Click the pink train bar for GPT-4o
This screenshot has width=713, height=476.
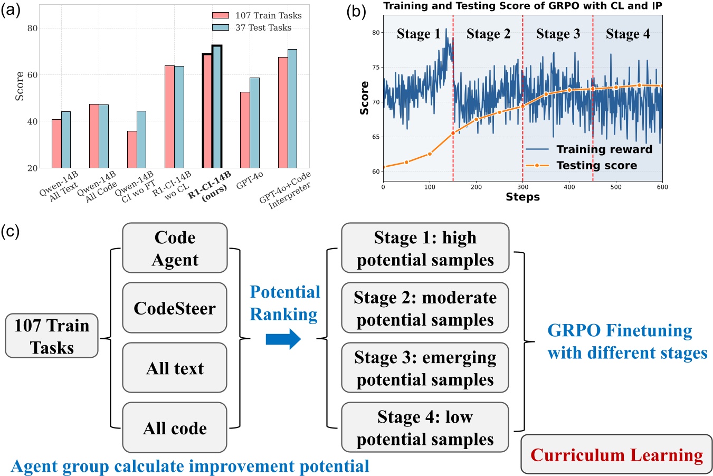coord(245,130)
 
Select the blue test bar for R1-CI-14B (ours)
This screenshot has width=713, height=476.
coord(217,107)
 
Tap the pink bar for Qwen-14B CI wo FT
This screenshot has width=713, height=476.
coord(132,149)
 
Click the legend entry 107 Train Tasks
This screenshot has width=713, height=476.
coord(258,15)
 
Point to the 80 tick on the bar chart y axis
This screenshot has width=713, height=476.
coord(32,28)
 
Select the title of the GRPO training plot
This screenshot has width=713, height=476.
coord(522,6)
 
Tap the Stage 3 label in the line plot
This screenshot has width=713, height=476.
coord(558,34)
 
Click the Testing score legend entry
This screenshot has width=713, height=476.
coord(596,165)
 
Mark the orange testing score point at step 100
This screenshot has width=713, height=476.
coord(430,154)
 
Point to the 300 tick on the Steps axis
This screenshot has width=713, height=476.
coord(522,187)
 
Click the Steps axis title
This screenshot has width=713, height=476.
coord(522,197)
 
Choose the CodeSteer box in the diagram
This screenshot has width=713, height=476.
coord(175,308)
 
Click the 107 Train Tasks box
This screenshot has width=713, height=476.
coord(52,336)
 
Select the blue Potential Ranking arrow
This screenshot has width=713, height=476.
coord(283,339)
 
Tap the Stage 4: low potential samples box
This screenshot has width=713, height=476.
coord(425,427)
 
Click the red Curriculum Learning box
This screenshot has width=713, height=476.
coord(616,454)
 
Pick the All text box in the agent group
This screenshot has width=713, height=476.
coord(175,368)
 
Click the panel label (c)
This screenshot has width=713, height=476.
coord(11,231)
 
